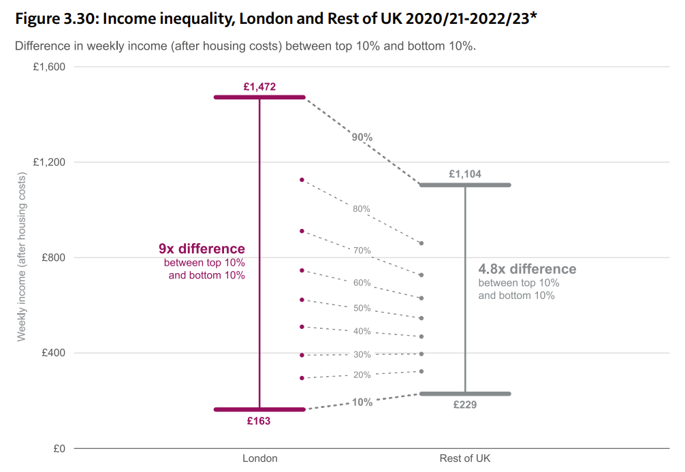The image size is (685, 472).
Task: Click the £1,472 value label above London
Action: [x=259, y=86]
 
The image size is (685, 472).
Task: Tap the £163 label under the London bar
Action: [x=259, y=421]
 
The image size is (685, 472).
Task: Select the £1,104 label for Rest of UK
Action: [x=465, y=174]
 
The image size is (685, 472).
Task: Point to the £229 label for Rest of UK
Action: [x=465, y=405]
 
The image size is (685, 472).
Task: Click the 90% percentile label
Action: [x=362, y=137]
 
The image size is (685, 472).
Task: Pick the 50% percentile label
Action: [x=362, y=308]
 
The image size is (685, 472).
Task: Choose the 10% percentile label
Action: [x=362, y=402]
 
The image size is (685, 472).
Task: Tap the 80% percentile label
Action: [x=362, y=209]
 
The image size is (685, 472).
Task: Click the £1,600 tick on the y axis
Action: [x=48, y=67]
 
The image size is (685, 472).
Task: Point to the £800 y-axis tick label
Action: [x=52, y=257]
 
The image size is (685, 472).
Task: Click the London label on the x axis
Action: [x=260, y=458]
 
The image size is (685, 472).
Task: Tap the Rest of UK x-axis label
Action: [x=465, y=458]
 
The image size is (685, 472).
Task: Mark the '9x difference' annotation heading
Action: [x=202, y=249]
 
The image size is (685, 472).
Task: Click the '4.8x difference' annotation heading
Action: [x=527, y=269]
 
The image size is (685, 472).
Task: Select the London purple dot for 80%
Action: [x=302, y=180]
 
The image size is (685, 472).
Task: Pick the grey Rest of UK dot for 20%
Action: [x=422, y=371]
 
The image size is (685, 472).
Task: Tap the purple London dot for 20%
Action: [x=302, y=378]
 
